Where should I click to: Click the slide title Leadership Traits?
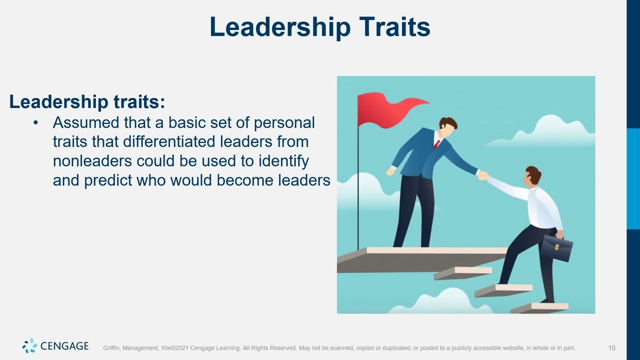319,27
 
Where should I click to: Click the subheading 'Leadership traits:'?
87,102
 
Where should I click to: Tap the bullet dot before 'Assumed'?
35,123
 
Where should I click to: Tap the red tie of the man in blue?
436,144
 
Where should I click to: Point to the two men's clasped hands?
482,175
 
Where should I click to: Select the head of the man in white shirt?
532,176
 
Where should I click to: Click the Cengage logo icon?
29,345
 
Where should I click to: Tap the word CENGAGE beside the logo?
64,346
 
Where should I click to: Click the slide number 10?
611,348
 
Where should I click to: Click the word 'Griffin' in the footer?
111,348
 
